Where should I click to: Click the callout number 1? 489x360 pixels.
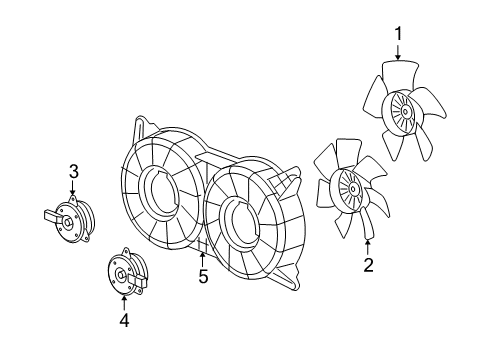click(x=398, y=35)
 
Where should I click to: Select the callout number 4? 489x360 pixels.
click(x=124, y=320)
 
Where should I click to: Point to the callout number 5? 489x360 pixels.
click(x=203, y=276)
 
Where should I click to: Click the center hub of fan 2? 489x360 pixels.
click(x=350, y=186)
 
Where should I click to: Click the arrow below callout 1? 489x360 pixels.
click(x=398, y=53)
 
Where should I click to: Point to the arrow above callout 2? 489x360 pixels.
click(x=368, y=245)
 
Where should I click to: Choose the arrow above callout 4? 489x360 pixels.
click(x=124, y=302)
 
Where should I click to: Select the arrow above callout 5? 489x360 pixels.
click(x=203, y=258)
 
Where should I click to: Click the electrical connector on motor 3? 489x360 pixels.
click(x=51, y=214)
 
